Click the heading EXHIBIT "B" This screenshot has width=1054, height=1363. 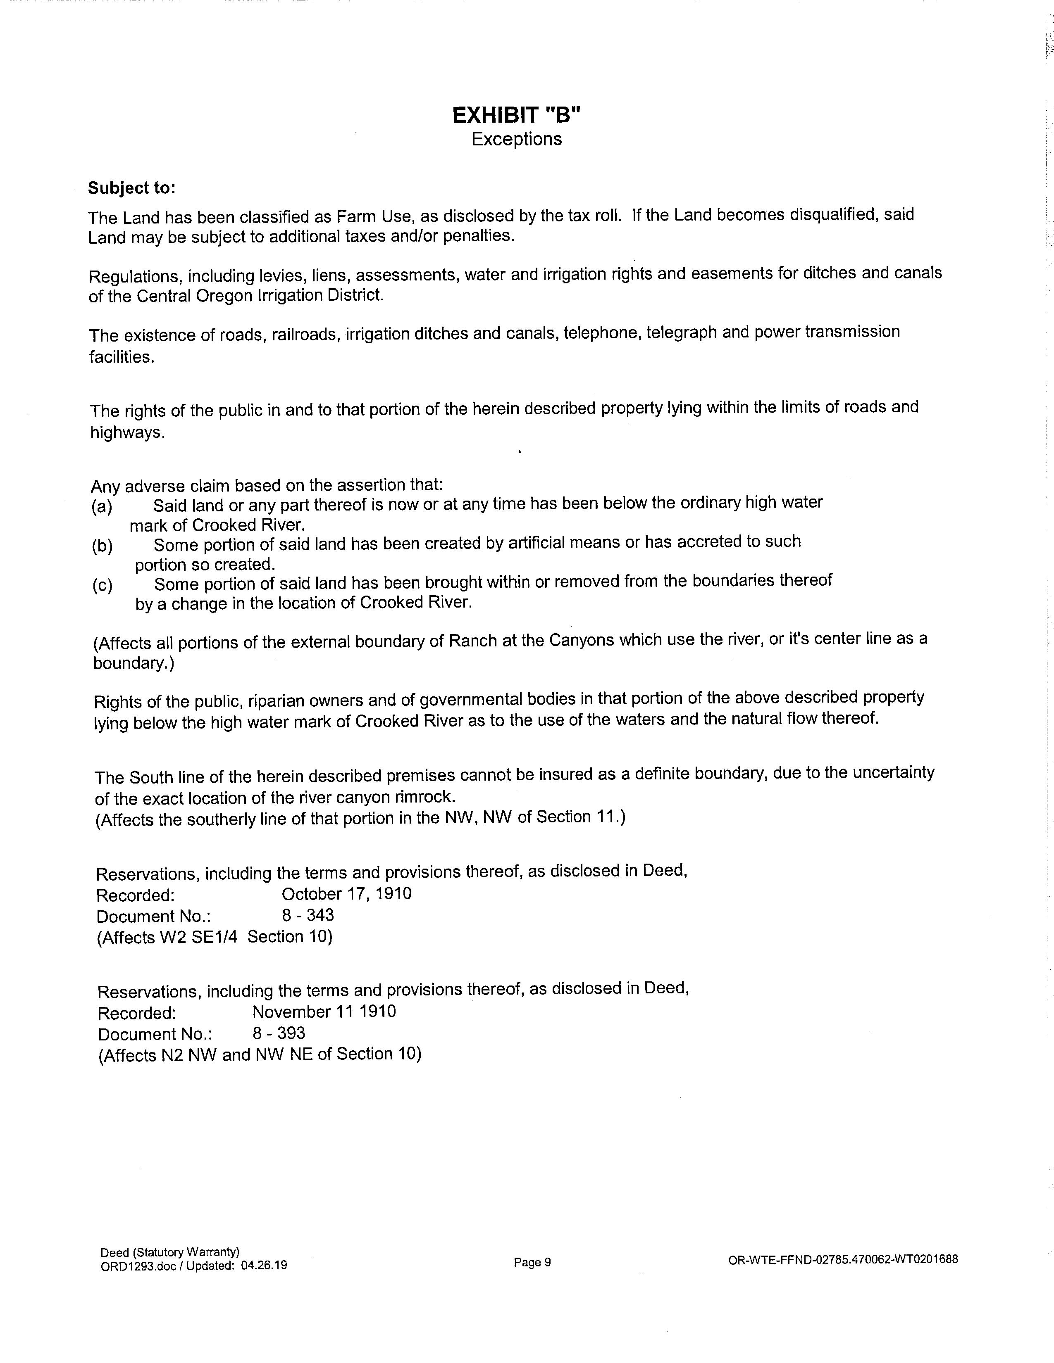[516, 116]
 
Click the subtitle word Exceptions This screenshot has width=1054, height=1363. [516, 139]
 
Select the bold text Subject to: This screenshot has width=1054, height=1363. [132, 188]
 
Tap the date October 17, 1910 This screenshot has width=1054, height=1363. [346, 894]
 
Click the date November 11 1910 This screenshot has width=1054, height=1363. [324, 1012]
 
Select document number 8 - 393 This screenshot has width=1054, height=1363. [279, 1033]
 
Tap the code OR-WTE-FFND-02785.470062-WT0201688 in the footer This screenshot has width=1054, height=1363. [843, 1259]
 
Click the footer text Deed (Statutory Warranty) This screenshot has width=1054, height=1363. [170, 1252]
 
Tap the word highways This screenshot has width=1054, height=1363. [127, 432]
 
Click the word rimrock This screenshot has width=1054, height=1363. [425, 797]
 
